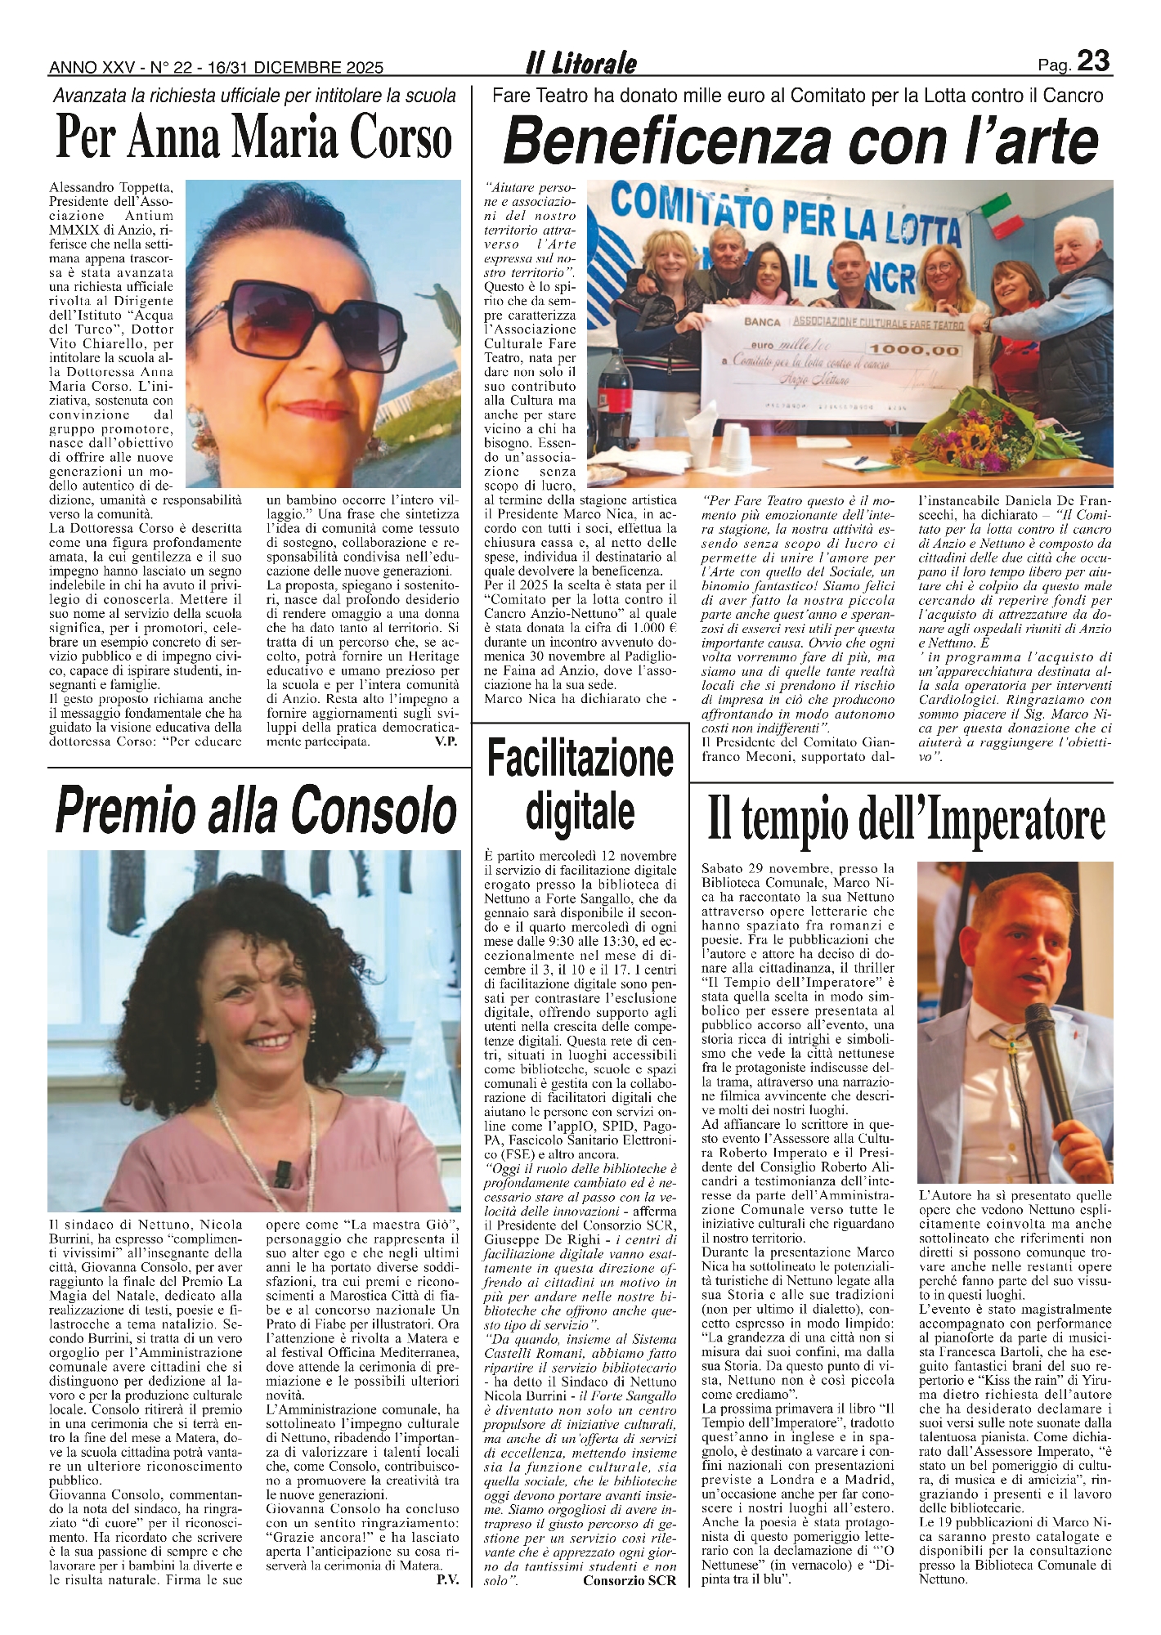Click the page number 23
[x=1093, y=62]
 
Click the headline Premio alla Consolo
[x=255, y=811]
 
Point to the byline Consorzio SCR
[x=630, y=1580]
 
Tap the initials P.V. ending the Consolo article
[x=447, y=1580]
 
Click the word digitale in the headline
[x=580, y=811]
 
